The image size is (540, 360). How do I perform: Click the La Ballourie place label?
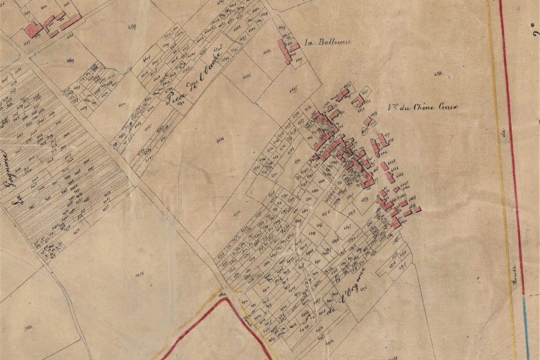pos(328,43)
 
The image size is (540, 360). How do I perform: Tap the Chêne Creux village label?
pos(425,108)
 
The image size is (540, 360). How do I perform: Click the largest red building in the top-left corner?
pos(33,30)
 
